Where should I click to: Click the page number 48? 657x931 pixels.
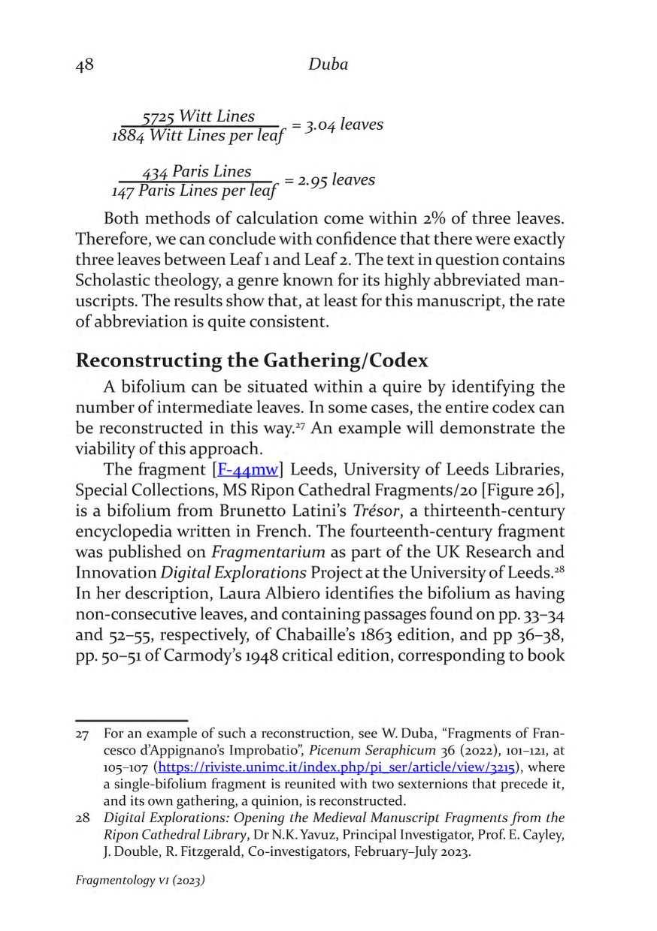pos(84,65)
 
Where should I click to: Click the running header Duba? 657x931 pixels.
pos(328,65)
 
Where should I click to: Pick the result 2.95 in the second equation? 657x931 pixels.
pos(312,180)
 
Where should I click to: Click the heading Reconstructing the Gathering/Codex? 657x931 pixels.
pos(252,360)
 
